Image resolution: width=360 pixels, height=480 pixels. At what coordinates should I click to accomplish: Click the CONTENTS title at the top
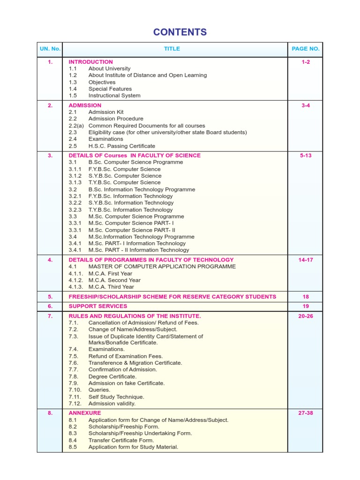180,32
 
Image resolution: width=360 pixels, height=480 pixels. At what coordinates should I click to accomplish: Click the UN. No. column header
50,49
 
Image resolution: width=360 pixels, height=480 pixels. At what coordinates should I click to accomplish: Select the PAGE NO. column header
305,49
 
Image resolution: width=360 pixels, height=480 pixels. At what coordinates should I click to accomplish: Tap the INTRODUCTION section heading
90,62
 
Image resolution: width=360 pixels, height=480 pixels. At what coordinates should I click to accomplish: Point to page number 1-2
305,62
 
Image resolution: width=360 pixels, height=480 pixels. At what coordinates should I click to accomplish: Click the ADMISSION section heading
85,105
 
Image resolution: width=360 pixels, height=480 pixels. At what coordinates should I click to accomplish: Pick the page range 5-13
305,156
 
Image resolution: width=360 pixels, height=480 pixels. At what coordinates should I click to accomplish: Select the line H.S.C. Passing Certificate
121,146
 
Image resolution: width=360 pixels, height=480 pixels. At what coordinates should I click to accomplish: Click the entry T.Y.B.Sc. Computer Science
124,182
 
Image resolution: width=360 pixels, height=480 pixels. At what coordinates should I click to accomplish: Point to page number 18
305,297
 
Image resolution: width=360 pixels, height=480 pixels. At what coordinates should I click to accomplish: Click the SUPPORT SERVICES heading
98,306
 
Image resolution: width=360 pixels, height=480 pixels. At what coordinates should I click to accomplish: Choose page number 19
305,306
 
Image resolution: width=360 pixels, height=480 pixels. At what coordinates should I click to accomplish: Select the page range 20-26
305,316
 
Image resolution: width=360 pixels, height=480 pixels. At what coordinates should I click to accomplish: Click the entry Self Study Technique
116,397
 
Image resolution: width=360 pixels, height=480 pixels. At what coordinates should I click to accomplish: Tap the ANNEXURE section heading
85,413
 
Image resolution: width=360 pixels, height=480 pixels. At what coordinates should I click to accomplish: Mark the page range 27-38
305,413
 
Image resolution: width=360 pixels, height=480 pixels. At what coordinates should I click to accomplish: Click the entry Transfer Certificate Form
121,440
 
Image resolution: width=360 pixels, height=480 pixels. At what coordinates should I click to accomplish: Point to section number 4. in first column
50,260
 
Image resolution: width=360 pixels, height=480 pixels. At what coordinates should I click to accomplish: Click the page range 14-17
305,260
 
